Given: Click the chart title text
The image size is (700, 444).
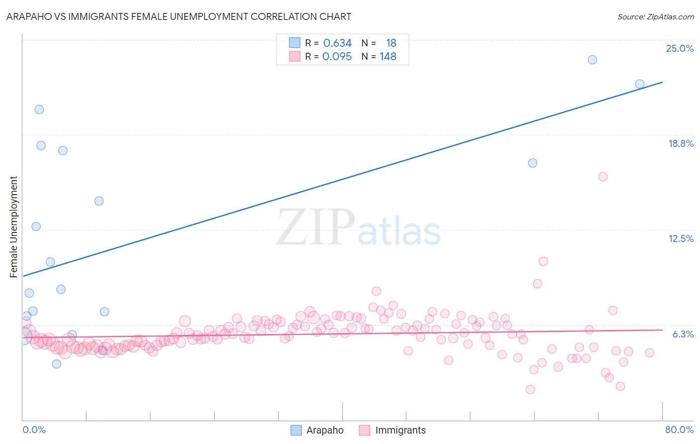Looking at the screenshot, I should tap(179, 16).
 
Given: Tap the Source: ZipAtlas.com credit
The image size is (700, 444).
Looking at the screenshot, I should tap(655, 16).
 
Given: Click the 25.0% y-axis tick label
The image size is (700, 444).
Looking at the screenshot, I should tap(680, 48).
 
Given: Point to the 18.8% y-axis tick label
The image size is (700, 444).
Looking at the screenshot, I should tap(681, 143).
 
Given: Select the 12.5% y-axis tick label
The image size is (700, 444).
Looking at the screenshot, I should tap(681, 238).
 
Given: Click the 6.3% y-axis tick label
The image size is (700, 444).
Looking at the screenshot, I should tap(683, 334).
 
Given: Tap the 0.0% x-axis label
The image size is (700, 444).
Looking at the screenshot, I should tap(34, 430).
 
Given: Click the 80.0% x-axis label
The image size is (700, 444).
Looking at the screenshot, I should tap(679, 430).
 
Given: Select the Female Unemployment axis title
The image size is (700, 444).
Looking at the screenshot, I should tap(13, 226).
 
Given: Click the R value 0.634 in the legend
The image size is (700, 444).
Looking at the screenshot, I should tap(337, 43).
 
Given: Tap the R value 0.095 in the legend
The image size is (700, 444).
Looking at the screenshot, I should tap(337, 56).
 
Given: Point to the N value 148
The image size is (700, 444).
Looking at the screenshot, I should tap(388, 56).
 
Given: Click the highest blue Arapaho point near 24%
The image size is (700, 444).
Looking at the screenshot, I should tap(592, 60).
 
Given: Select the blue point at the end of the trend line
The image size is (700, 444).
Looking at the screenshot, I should tap(640, 84).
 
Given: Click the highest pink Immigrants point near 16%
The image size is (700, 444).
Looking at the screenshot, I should tap(603, 177).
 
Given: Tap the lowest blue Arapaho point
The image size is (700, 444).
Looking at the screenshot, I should tap(57, 364).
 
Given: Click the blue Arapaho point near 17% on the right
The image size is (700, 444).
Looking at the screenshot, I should tap(533, 163).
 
